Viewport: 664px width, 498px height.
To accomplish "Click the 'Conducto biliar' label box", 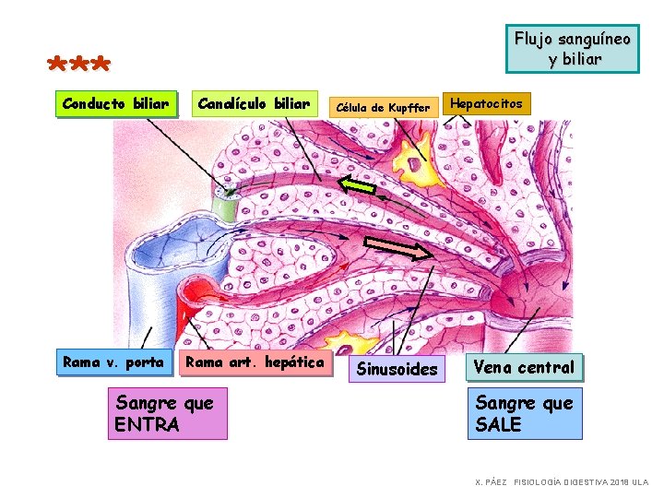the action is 116,103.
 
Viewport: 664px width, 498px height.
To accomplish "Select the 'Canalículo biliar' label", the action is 255,103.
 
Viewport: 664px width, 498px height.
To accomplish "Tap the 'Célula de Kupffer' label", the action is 384,108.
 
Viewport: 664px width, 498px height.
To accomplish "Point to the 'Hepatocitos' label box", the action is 486,103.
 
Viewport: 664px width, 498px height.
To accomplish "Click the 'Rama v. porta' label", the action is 114,362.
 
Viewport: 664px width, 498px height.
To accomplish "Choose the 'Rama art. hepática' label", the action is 255,363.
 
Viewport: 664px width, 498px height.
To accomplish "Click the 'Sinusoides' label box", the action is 397,369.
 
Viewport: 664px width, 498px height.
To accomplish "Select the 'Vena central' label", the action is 524,367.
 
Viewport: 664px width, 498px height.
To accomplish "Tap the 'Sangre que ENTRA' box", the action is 168,413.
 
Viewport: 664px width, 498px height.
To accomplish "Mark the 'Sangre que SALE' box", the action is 525,413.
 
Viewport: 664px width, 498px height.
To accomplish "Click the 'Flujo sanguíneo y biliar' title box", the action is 573,49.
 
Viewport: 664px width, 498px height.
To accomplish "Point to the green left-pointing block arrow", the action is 357,184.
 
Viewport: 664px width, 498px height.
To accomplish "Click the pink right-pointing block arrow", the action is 398,248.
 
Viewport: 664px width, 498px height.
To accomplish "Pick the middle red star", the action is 79,64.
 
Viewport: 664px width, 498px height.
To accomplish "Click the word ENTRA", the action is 147,425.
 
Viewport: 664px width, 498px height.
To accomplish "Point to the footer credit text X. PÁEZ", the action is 492,482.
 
